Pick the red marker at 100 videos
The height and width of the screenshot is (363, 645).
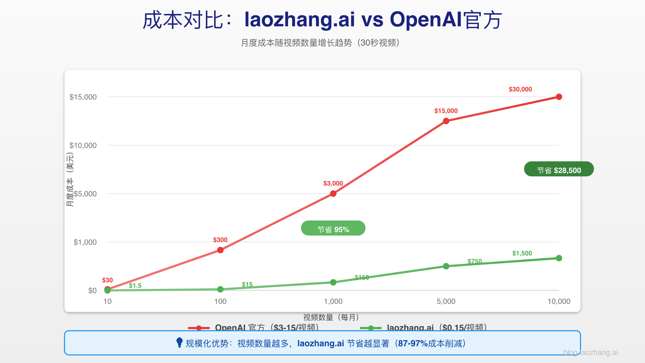click(220, 250)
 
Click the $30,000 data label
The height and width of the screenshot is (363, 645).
click(520, 89)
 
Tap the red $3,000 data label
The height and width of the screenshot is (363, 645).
click(333, 183)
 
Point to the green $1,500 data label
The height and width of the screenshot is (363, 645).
click(522, 253)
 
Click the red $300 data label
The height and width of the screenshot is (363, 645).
click(220, 240)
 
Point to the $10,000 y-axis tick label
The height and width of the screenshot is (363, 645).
click(83, 145)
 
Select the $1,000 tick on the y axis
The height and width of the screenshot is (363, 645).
click(85, 242)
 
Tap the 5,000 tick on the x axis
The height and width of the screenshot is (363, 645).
click(446, 301)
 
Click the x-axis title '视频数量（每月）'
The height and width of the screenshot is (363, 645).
click(331, 317)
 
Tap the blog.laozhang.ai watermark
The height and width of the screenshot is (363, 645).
click(590, 353)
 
